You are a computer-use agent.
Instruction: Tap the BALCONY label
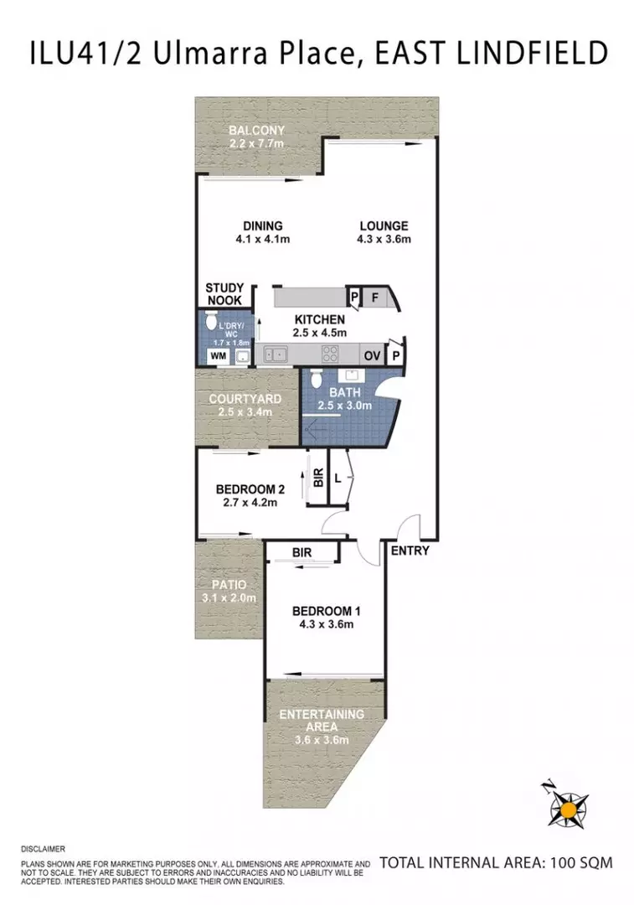coord(257,131)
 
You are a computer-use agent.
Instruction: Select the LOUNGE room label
coord(384,225)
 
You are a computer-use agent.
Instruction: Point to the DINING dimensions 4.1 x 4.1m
coord(263,240)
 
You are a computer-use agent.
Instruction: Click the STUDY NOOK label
coord(224,294)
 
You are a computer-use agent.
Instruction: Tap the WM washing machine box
coord(218,356)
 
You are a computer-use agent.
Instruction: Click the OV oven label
coord(372,355)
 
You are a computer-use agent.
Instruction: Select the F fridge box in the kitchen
coord(374,297)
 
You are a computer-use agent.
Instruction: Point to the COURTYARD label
coord(245,399)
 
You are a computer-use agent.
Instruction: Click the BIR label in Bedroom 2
coord(317,478)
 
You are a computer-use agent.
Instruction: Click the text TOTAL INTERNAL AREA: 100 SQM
coord(496,861)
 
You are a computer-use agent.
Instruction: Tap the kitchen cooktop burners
coord(330,354)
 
